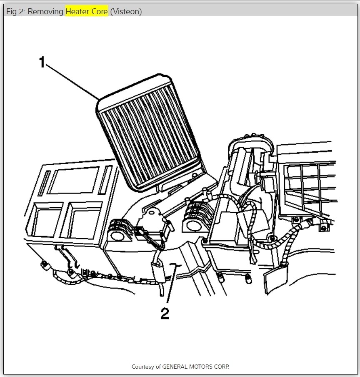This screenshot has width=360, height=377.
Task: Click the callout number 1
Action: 42,63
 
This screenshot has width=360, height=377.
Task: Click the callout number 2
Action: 165,314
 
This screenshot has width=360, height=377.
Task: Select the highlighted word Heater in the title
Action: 77,12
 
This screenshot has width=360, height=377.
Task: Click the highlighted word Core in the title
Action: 100,12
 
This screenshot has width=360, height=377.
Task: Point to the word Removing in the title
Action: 46,12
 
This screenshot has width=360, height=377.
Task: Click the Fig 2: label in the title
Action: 16,12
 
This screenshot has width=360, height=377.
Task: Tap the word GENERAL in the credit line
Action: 174,367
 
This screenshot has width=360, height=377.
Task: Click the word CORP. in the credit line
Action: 221,367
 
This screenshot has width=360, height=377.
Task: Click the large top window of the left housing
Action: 74,180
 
